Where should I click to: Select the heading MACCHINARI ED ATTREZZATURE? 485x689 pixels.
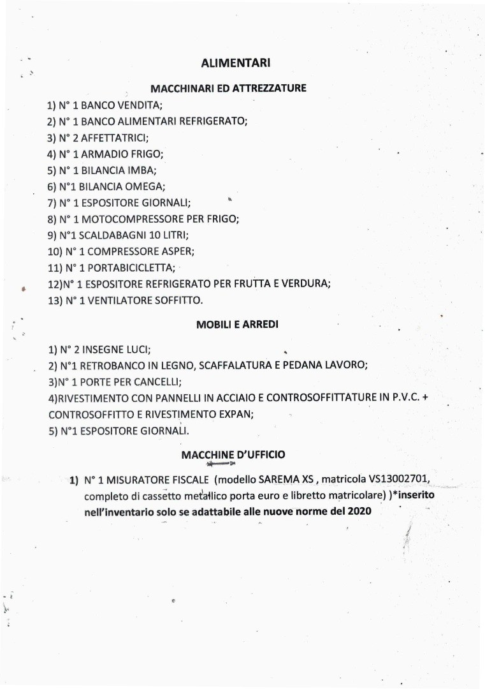click(228, 88)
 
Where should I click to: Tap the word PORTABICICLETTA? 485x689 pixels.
click(131, 268)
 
